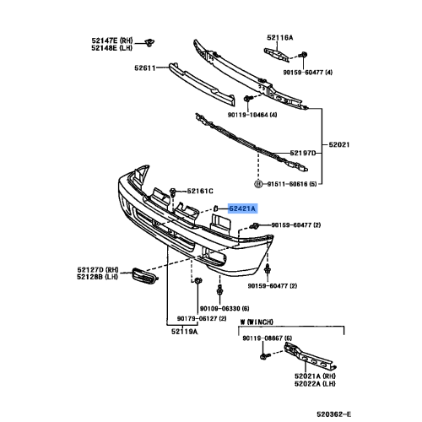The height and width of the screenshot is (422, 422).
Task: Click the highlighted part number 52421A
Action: (x=242, y=208)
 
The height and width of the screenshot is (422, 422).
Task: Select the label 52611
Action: (x=144, y=68)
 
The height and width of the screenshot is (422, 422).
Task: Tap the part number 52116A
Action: (x=279, y=37)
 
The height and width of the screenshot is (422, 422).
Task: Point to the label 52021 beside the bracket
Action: (x=339, y=144)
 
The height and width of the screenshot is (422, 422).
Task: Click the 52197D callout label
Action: (x=303, y=153)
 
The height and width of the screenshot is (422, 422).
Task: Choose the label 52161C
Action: (x=200, y=192)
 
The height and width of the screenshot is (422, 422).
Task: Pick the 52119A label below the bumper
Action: (x=185, y=332)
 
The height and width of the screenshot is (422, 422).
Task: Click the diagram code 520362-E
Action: (x=334, y=414)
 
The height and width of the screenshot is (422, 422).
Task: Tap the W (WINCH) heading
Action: (x=257, y=322)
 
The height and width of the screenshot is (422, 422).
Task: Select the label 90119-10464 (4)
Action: (x=252, y=115)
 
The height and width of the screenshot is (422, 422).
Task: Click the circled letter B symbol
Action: (x=258, y=184)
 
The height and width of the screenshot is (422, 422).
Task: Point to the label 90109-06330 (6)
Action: (x=225, y=309)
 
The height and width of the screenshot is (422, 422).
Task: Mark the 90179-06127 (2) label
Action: (x=202, y=318)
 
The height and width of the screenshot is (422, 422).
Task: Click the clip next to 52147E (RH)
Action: (x=149, y=43)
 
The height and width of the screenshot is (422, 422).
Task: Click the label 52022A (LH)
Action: (x=315, y=384)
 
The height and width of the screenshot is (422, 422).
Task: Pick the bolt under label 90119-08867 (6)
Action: (x=264, y=356)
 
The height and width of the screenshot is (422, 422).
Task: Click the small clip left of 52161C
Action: (x=173, y=192)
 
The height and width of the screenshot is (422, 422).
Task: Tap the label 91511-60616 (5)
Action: (x=292, y=184)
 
